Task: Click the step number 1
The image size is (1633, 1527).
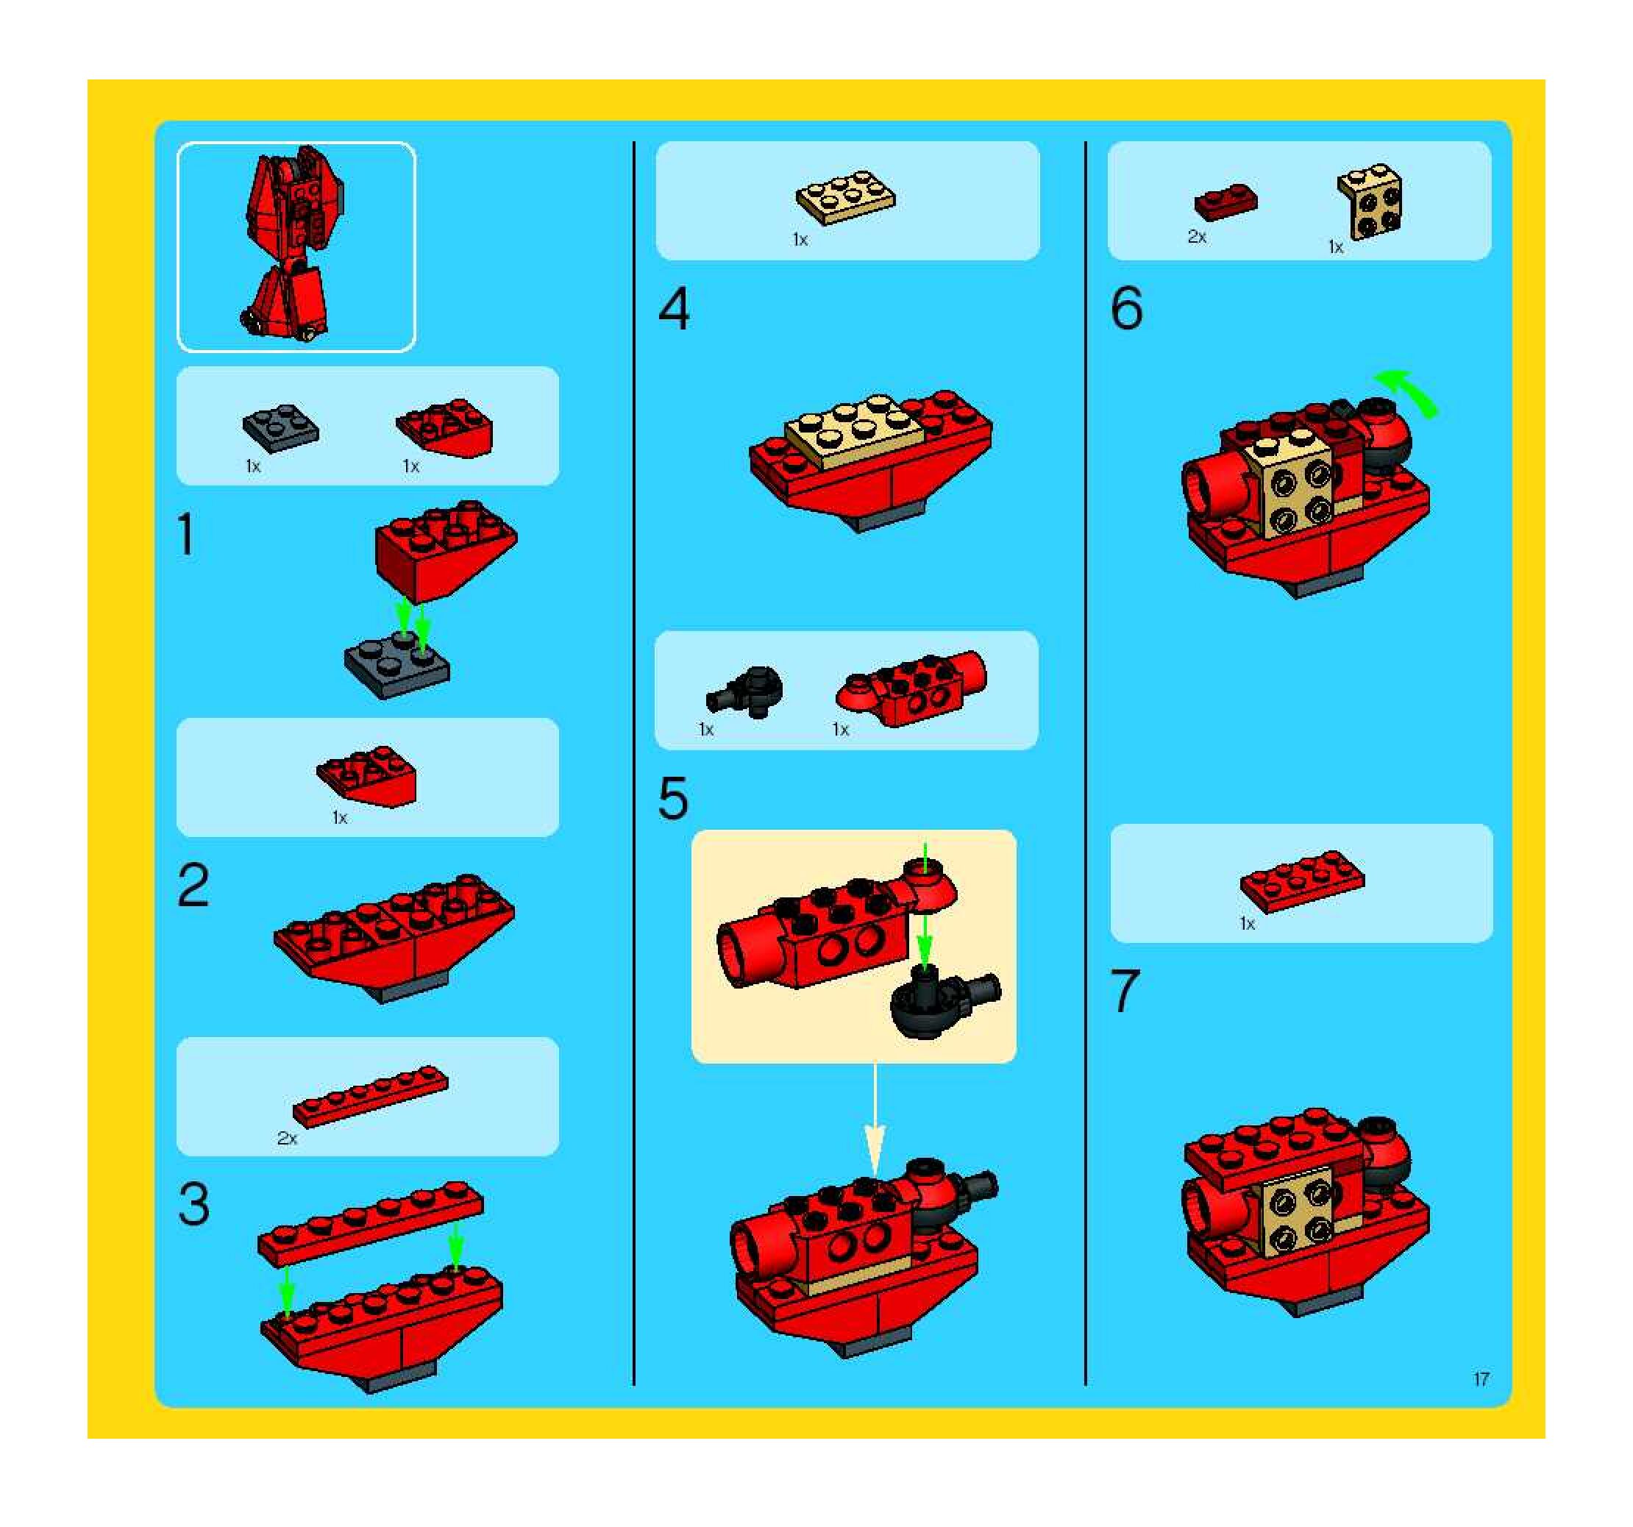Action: [x=186, y=535]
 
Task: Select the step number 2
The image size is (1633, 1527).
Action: [x=194, y=886]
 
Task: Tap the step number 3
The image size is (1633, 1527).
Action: [x=194, y=1204]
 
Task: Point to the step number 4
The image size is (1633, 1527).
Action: [x=674, y=310]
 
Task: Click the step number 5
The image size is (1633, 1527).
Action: [x=673, y=797]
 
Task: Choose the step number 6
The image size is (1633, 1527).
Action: [x=1126, y=309]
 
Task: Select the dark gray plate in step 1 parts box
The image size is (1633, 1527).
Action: [x=281, y=427]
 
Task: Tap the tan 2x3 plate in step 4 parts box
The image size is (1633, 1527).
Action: [x=846, y=197]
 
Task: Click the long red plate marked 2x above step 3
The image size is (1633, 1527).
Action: [x=371, y=1097]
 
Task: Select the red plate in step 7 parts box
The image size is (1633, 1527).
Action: [x=1303, y=881]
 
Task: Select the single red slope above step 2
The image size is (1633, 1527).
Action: [x=367, y=776]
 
